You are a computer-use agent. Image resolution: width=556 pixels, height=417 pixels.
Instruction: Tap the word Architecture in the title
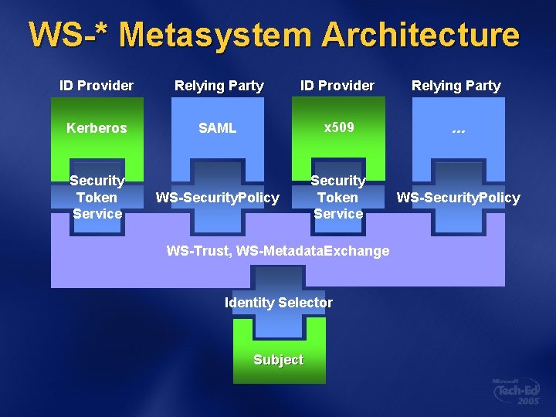tap(420, 35)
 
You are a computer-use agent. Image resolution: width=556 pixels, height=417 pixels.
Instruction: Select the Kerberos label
tap(97, 128)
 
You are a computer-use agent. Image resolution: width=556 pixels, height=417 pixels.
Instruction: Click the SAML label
tap(217, 128)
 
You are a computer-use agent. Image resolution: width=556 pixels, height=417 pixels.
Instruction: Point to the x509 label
tap(338, 127)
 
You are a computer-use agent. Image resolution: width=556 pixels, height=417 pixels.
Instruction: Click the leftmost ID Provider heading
tap(97, 86)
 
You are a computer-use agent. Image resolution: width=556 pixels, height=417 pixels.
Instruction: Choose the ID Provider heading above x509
tap(337, 86)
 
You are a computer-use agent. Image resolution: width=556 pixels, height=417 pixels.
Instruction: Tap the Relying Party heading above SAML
tap(219, 86)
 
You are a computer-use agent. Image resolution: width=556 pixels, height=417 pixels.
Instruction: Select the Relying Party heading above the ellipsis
tap(456, 86)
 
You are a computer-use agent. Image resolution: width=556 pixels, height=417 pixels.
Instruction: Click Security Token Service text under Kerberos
tap(97, 197)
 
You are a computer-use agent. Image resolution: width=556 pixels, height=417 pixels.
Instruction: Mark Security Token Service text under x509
tap(338, 197)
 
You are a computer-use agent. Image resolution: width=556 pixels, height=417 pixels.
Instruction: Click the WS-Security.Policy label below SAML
tap(218, 198)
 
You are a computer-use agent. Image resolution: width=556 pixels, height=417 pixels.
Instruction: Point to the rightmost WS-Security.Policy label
tap(458, 198)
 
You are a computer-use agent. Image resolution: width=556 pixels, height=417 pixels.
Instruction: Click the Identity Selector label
tap(279, 303)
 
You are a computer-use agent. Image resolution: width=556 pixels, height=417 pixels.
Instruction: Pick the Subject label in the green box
tap(279, 360)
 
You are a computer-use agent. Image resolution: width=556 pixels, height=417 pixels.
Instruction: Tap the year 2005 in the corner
tap(529, 403)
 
